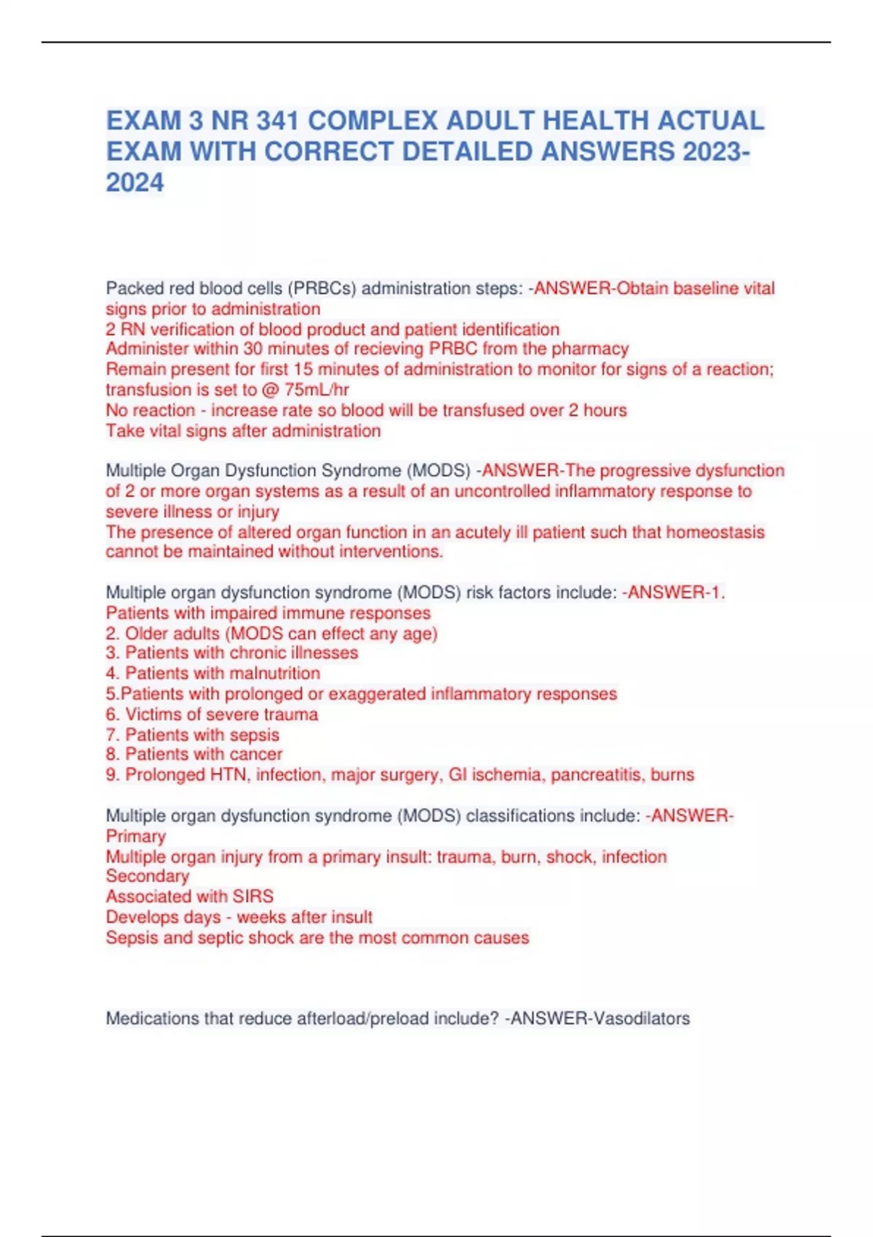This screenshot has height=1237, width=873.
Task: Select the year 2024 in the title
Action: point(135,183)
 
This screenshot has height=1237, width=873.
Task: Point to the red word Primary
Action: point(136,836)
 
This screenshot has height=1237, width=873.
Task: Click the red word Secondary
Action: point(148,876)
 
